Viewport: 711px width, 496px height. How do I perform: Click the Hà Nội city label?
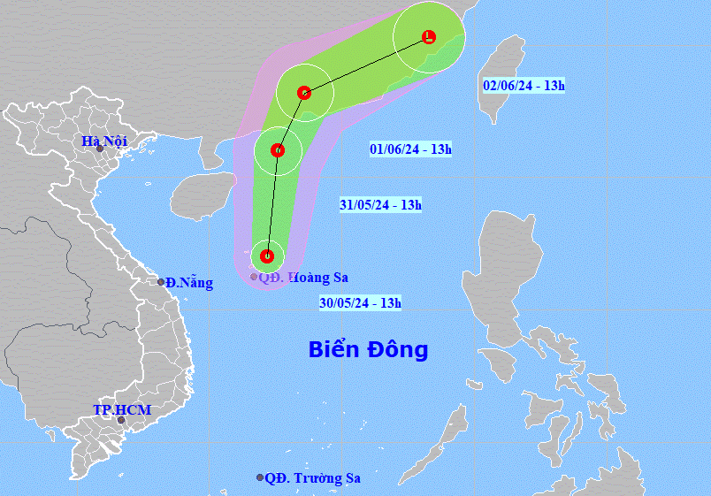click(x=104, y=141)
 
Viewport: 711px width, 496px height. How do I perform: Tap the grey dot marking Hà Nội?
click(x=100, y=149)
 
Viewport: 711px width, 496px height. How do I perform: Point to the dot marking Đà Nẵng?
click(x=161, y=282)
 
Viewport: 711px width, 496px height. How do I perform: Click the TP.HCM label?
click(x=122, y=410)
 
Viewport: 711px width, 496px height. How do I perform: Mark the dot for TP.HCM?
click(x=121, y=420)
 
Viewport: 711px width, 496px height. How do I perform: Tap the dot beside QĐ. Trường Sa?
click(x=260, y=477)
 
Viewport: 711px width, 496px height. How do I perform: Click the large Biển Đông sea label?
click(x=368, y=349)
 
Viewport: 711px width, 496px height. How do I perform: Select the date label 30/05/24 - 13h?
click(x=361, y=303)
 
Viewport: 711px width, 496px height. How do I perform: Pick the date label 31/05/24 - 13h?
click(x=380, y=205)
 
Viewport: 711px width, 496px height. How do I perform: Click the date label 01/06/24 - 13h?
click(x=410, y=149)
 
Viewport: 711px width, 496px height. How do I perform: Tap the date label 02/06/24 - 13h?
click(x=524, y=86)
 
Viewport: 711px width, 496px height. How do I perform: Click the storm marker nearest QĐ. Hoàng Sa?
click(x=267, y=257)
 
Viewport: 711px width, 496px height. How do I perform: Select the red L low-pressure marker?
click(x=429, y=37)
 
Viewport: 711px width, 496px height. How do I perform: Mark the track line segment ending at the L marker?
click(x=367, y=65)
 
